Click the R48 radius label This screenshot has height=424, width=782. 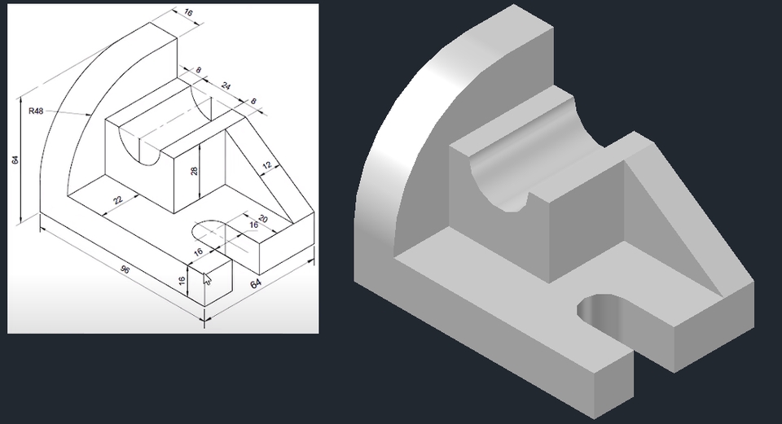pos(35,111)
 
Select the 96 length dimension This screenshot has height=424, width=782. pos(125,269)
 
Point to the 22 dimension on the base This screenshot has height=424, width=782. pos(119,198)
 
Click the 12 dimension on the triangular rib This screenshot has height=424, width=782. pos(266,166)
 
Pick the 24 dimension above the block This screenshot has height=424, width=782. pos(226,85)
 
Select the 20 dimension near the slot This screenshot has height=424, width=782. pos(262,220)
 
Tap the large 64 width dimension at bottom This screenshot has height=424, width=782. pos(256,284)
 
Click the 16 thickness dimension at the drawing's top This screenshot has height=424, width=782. pos(189,14)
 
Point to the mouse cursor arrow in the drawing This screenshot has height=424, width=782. pos(207,280)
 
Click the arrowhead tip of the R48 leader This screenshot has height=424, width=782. pos(89,116)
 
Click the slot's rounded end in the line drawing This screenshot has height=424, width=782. pos(204,230)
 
